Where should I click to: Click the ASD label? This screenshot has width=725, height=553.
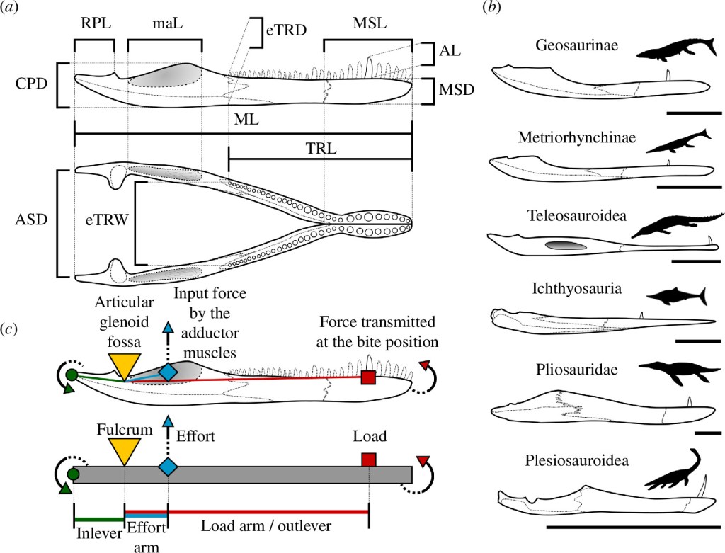click(30, 220)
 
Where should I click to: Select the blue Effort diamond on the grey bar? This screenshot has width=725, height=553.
click(168, 467)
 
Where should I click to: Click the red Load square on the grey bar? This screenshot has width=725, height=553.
click(368, 460)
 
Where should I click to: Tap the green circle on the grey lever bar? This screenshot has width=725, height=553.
click(72, 474)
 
